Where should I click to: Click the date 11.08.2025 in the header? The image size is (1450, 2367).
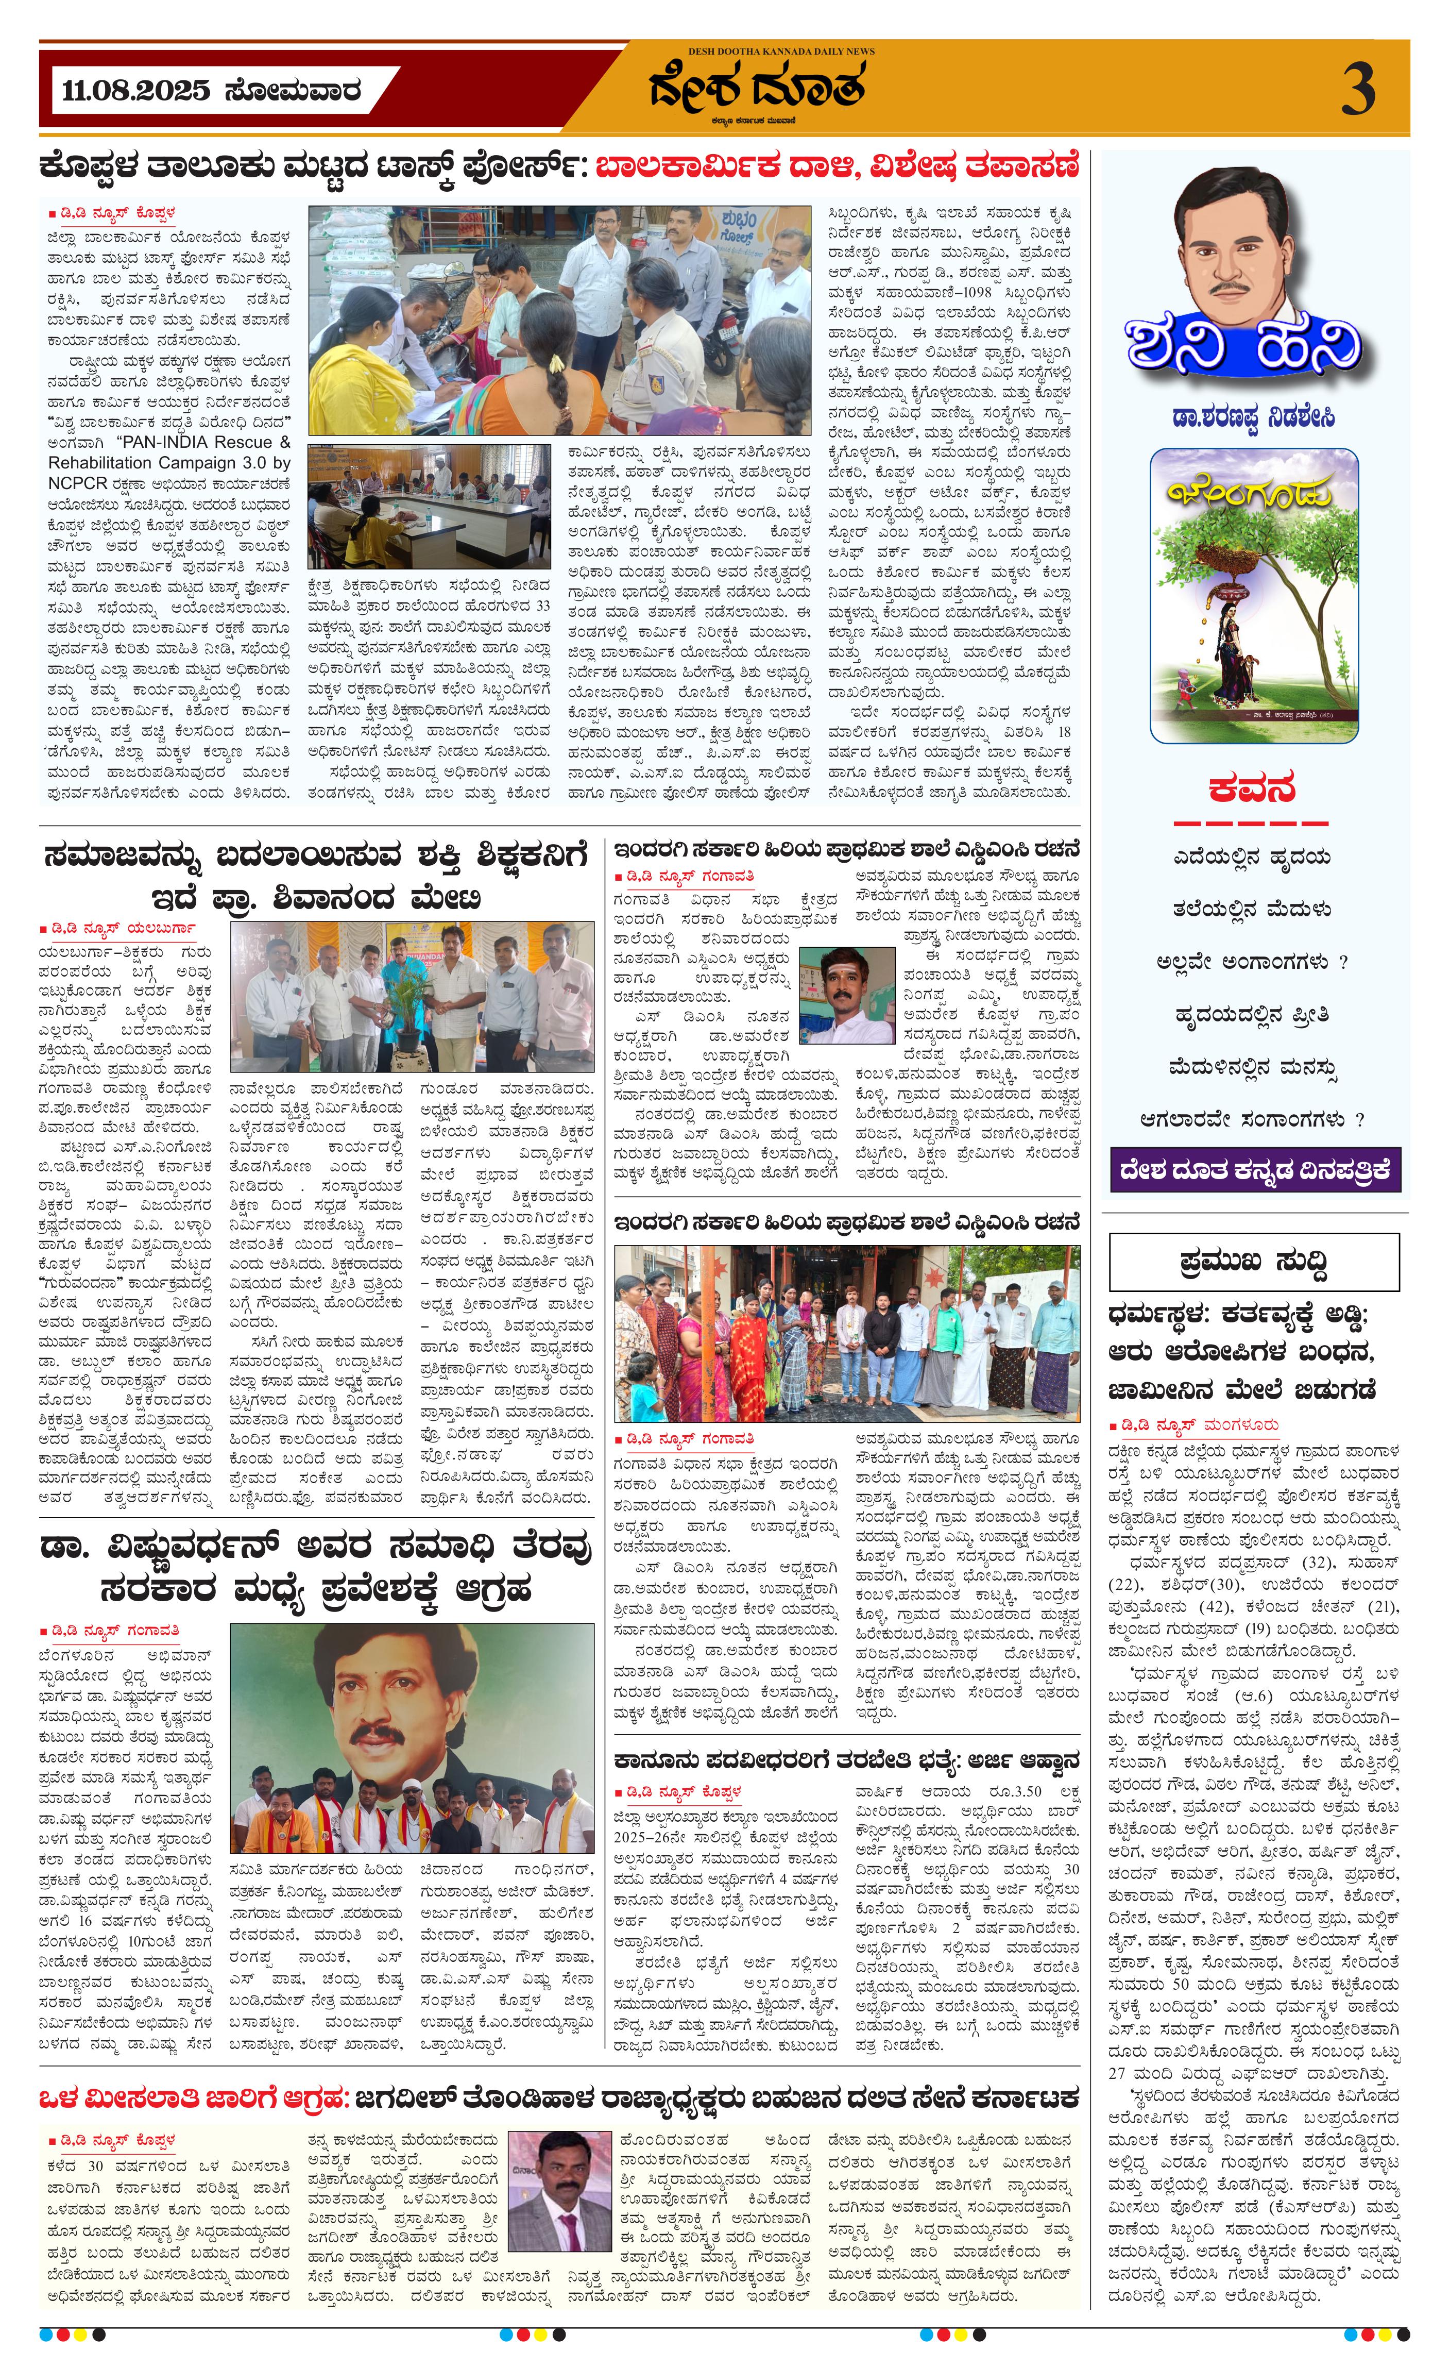click(135, 91)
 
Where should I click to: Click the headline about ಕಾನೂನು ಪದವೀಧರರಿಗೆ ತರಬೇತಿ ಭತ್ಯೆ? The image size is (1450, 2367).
click(846, 1761)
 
